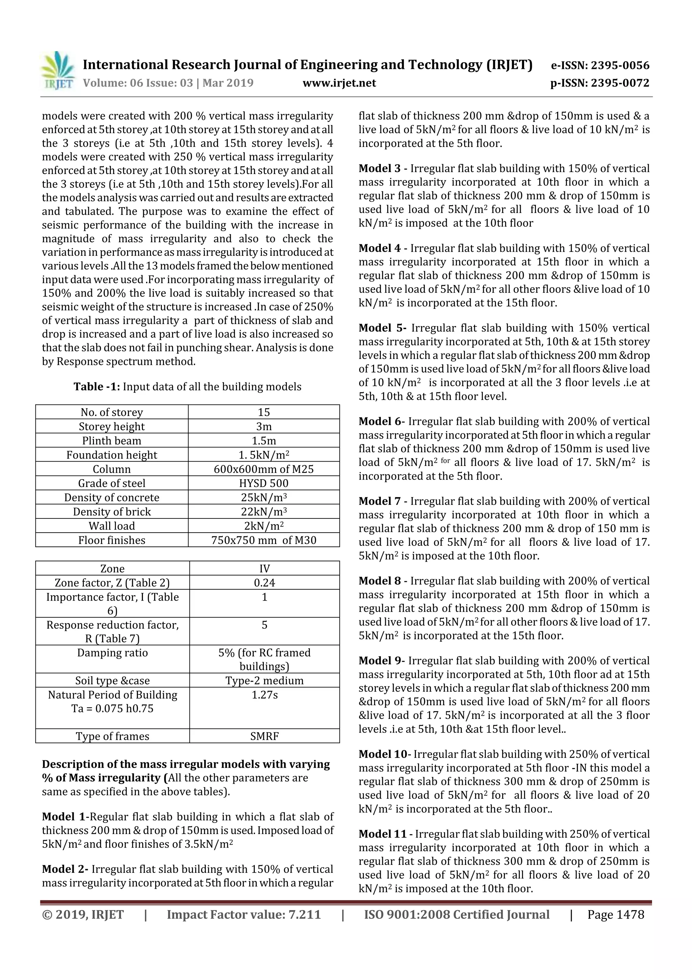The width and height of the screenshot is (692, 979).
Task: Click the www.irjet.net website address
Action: pos(339,83)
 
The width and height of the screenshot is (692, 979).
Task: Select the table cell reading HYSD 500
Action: pos(264,483)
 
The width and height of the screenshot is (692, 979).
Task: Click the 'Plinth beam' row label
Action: pos(112,440)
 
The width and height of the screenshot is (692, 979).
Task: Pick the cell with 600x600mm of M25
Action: pos(264,469)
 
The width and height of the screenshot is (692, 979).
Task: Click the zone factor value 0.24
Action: pos(264,583)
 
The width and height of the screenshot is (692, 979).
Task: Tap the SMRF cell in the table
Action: pos(264,736)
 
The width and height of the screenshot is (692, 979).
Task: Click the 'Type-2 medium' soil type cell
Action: pos(264,681)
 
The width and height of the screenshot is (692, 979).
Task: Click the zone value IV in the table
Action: pos(264,568)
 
